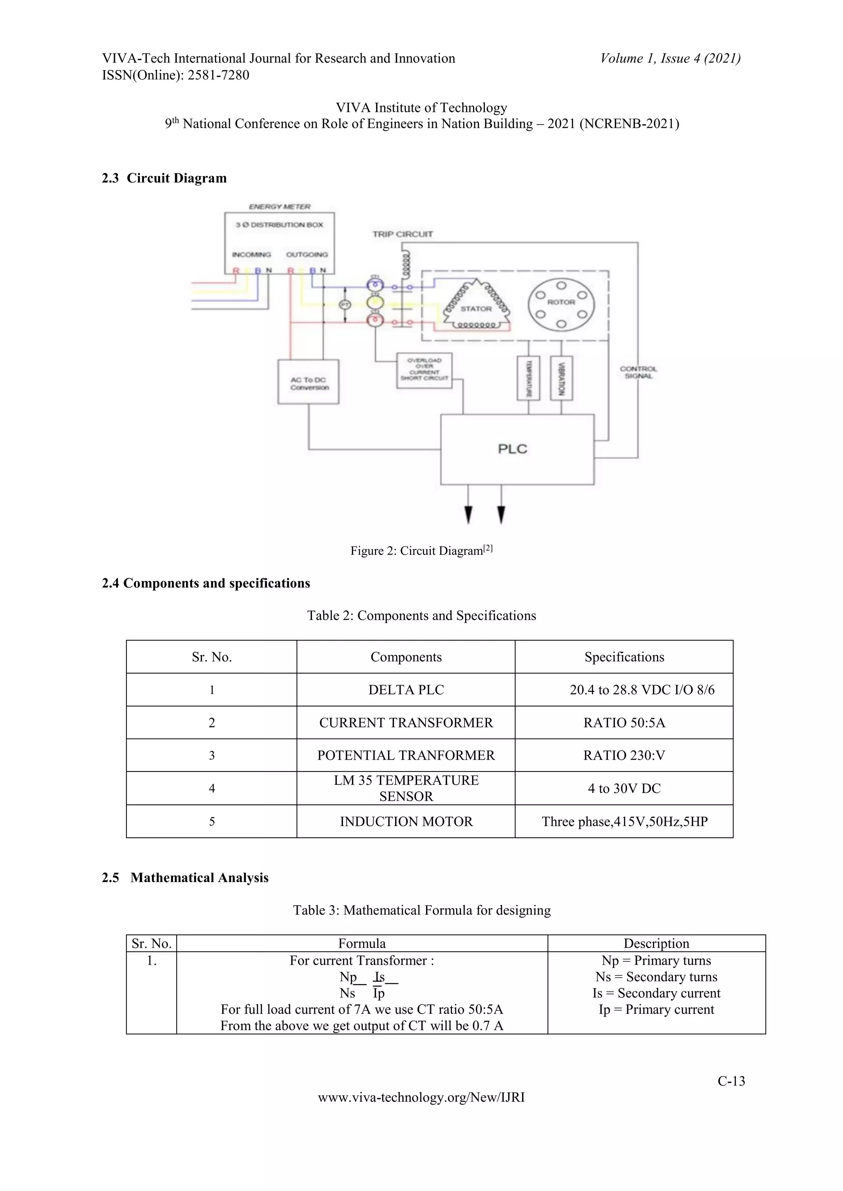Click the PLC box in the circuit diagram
point(517,449)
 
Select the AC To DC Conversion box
point(308,382)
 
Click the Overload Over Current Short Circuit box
point(424,370)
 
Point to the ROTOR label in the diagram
point(561,302)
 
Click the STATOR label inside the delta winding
point(476,308)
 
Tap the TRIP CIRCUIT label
point(402,234)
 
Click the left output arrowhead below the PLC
point(468,514)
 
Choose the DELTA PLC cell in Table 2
point(406,690)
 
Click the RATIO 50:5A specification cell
point(624,723)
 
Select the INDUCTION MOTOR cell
point(406,822)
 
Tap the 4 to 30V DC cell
point(624,788)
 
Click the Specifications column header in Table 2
point(624,657)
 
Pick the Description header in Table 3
point(656,943)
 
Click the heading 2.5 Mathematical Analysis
point(185,878)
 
